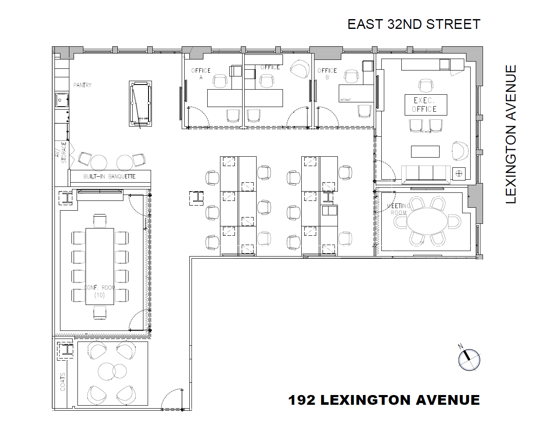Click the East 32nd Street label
tap(414, 24)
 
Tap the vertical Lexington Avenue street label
tap(511, 134)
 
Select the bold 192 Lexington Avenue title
tap(384, 400)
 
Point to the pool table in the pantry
tap(140, 103)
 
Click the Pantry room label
tap(82, 85)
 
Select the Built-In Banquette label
tap(109, 176)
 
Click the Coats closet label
tap(63, 382)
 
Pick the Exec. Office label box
tap(425, 105)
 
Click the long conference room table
tap(100, 266)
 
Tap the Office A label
tap(200, 73)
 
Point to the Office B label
tap(327, 73)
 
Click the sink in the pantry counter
tap(62, 101)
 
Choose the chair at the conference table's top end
tap(100, 221)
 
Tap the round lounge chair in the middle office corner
tap(300, 69)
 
